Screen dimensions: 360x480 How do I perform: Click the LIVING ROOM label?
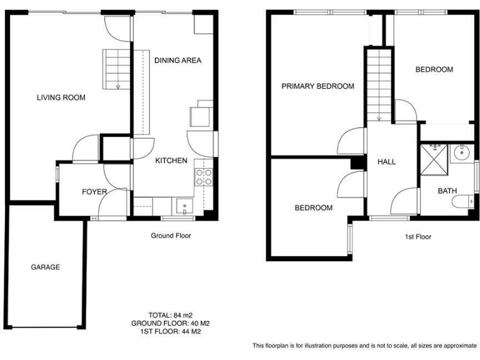pos(61,97)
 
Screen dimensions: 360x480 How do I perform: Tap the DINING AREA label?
pos(177,61)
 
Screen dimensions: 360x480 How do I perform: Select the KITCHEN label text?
pos(171,161)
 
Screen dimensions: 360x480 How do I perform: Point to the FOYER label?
pos(94,192)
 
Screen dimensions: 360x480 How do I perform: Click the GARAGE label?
pos(46,267)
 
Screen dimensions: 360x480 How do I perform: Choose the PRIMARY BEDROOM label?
pos(317,86)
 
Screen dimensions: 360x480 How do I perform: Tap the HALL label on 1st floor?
pos(386,162)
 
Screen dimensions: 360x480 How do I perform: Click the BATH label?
pos(447,191)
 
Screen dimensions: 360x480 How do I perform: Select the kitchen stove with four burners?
pos(204,176)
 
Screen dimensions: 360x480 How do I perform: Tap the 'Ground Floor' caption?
pos(171,236)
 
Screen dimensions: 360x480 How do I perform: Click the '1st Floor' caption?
pos(417,237)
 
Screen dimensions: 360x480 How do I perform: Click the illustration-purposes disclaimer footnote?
pos(364,346)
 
